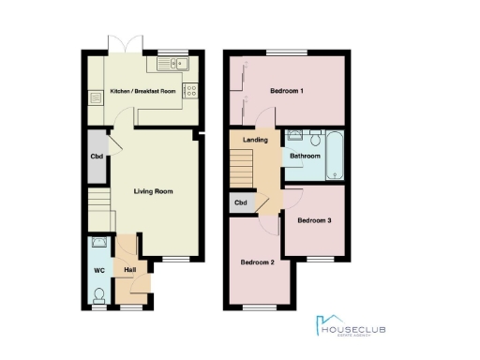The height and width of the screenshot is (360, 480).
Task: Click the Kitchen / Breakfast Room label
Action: (144, 91)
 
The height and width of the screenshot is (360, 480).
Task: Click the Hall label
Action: (129, 271)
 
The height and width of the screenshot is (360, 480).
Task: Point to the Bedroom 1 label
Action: (287, 90)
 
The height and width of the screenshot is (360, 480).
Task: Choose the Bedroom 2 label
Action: (257, 262)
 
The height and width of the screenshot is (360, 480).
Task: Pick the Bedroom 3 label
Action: (314, 221)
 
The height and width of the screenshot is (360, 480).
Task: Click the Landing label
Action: (256, 141)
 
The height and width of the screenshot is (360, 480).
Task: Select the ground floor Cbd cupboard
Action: (97, 157)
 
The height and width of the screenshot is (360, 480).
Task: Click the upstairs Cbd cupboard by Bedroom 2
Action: (240, 202)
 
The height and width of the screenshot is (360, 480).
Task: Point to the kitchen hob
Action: (191, 91)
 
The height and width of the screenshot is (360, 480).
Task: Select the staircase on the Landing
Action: (242, 169)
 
